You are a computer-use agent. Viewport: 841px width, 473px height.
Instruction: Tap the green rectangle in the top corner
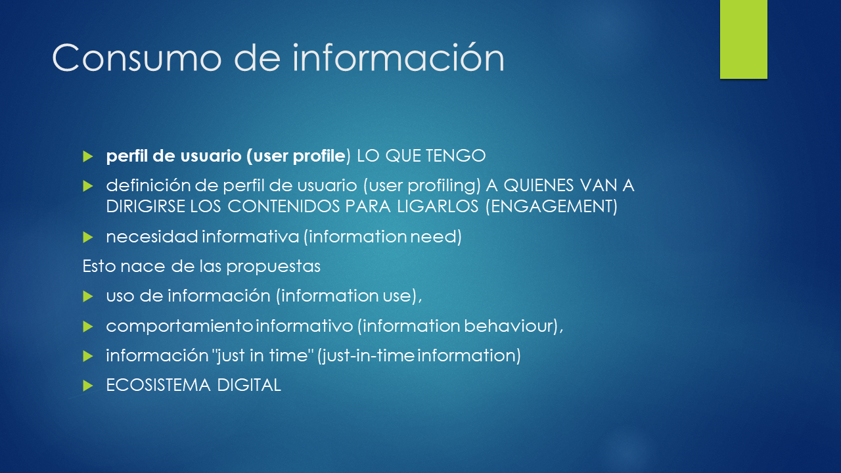pyautogui.click(x=743, y=39)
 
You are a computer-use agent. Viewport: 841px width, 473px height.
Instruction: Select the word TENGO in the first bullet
pyautogui.click(x=456, y=156)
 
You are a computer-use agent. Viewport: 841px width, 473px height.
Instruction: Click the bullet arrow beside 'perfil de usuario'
pyautogui.click(x=88, y=156)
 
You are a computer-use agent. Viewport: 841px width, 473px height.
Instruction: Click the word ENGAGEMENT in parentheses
pyautogui.click(x=551, y=206)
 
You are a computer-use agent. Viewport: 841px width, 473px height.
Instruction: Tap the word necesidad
pyautogui.click(x=152, y=237)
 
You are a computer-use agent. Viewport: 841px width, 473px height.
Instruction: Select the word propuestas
pyautogui.click(x=273, y=267)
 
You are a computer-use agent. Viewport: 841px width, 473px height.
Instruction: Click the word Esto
pyautogui.click(x=99, y=266)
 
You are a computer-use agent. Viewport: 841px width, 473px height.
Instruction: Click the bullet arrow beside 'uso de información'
pyautogui.click(x=88, y=296)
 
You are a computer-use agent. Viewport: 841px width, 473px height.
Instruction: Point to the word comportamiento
pyautogui.click(x=179, y=326)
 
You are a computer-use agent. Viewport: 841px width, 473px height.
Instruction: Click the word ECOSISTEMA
pyautogui.click(x=158, y=385)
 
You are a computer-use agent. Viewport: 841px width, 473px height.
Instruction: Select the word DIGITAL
pyautogui.click(x=249, y=385)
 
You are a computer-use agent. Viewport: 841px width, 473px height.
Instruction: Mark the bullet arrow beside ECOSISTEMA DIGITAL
pyautogui.click(x=88, y=386)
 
